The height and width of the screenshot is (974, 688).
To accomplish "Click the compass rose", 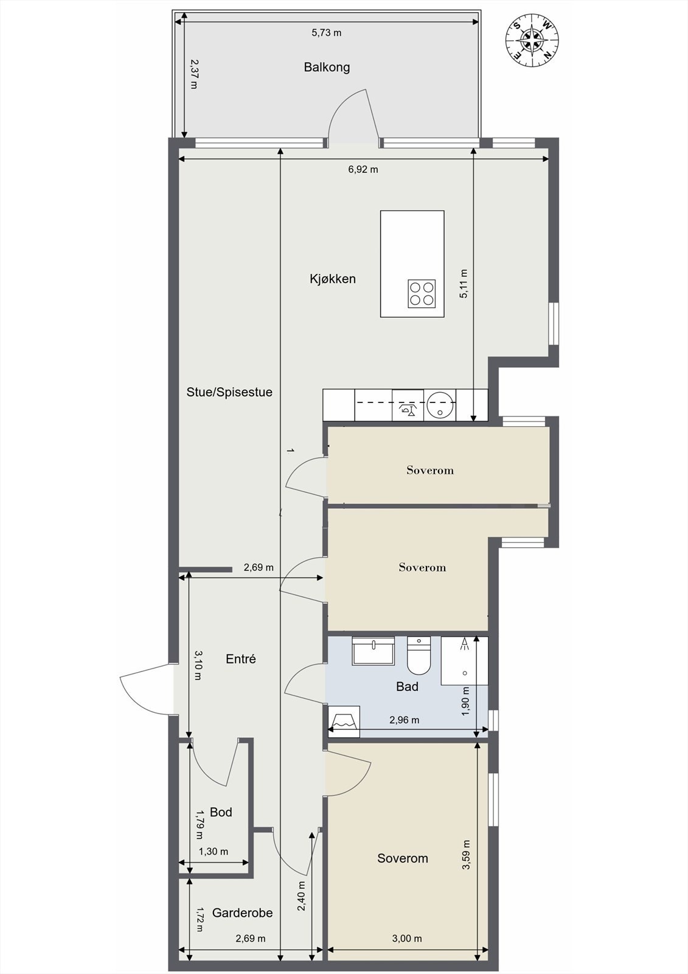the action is pos(532,41).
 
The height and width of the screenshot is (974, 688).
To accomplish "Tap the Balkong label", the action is pos(327,68).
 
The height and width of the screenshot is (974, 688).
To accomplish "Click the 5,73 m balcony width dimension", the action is pos(327,33).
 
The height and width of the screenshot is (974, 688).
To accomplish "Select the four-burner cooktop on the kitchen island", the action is pos(422,293).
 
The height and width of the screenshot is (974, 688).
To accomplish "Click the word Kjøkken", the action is pos(333,279).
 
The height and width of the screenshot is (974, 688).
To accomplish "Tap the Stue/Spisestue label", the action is pos(229,392).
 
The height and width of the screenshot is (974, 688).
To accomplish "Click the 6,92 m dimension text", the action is pos(363,170).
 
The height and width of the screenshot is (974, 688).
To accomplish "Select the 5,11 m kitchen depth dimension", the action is pos(464,284).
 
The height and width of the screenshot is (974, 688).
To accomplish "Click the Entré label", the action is pos(241,659).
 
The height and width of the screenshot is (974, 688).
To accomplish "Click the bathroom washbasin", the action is pos(374,651).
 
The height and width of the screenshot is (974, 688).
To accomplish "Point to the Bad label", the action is pos(407,687).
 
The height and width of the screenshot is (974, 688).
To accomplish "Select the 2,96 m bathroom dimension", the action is pos(404,720).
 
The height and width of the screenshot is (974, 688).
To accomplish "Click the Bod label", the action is pos(221,812).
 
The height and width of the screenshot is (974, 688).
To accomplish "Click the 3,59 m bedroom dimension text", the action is pos(467,854).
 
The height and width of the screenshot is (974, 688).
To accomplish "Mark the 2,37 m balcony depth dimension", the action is pos(194,74).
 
